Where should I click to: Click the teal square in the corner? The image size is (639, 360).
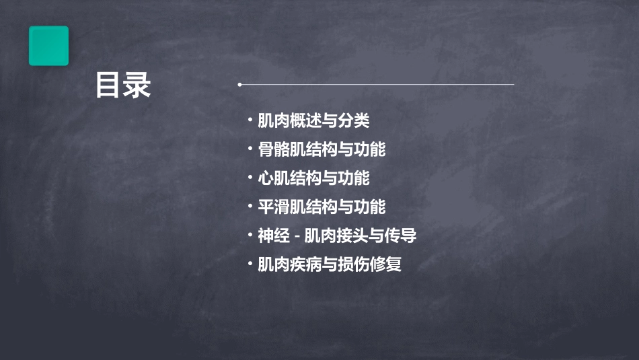48,46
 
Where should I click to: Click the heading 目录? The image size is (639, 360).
123,85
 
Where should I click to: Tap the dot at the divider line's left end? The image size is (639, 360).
240,85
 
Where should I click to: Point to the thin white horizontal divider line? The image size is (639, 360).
377,85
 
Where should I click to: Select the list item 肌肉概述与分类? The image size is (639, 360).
313,121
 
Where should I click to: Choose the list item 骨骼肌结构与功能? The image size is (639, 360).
322,149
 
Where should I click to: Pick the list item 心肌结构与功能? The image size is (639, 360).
313,178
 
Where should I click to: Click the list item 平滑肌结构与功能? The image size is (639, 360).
322,207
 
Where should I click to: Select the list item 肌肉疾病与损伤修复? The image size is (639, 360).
330,264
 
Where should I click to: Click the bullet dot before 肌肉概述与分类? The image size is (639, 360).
250,121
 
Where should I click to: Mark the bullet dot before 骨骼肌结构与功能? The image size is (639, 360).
250,149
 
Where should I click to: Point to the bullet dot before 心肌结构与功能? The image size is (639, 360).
250,178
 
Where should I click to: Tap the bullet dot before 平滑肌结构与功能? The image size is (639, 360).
250,207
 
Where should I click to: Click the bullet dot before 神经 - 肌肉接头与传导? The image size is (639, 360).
250,236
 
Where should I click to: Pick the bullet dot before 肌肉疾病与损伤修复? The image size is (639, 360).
250,264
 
